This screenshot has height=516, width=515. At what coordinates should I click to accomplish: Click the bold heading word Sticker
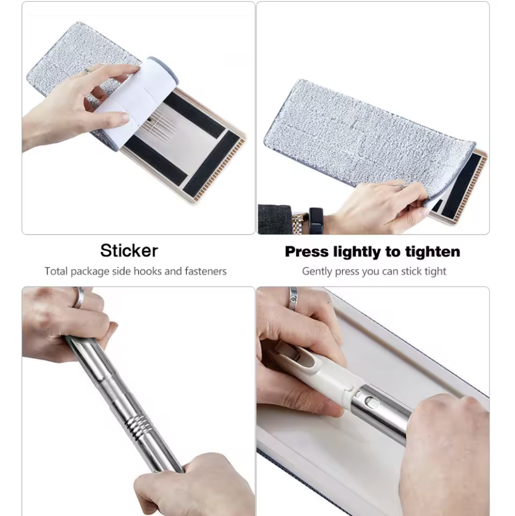pyautogui.click(x=129, y=251)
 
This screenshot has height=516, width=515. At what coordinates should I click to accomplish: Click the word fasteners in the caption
pyautogui.click(x=206, y=271)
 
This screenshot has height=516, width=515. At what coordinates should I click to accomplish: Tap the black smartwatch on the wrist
pyautogui.click(x=316, y=221)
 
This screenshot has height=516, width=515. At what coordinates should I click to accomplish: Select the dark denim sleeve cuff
pyautogui.click(x=274, y=220)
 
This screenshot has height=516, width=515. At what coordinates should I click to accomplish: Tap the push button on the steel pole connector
pyautogui.click(x=373, y=403)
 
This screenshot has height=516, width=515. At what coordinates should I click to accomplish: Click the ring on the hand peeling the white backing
pyautogui.click(x=87, y=71)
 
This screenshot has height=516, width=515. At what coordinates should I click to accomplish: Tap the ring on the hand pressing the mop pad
pyautogui.click(x=401, y=187)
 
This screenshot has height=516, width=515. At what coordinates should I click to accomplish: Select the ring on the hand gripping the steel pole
pyautogui.click(x=79, y=297)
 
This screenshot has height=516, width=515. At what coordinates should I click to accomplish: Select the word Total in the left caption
pyautogui.click(x=56, y=271)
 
